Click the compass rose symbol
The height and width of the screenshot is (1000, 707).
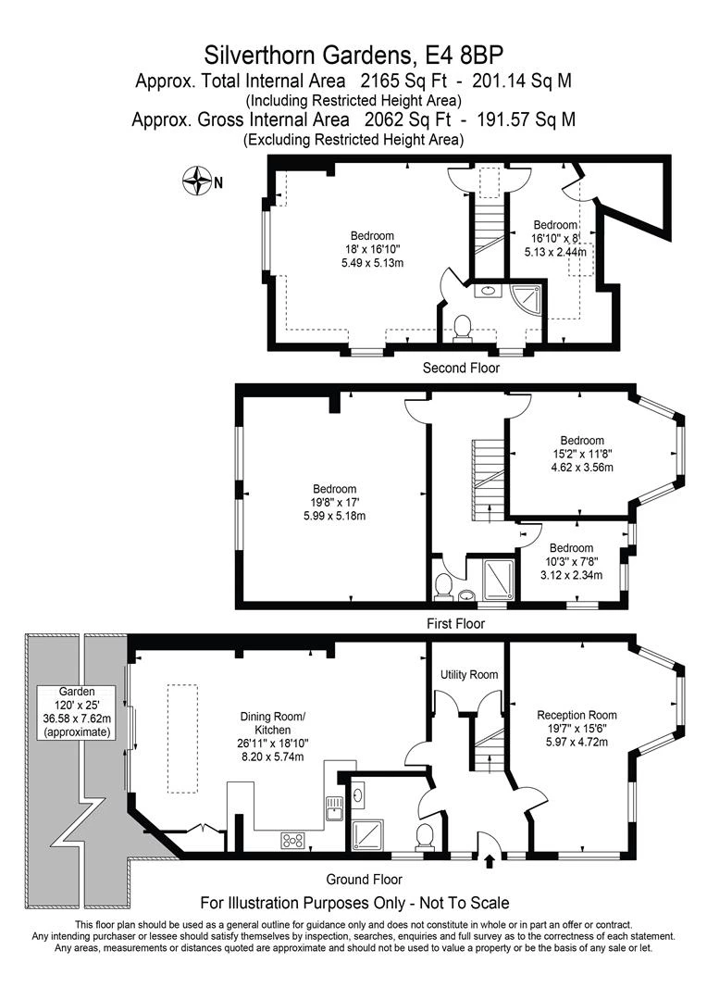click(x=196, y=181)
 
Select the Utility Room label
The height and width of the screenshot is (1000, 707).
click(x=468, y=675)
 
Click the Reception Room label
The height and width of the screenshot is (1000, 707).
click(x=577, y=715)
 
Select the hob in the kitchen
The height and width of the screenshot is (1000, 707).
click(x=294, y=841)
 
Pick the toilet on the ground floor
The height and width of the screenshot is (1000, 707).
click(x=426, y=835)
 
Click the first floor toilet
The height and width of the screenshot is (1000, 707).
click(x=442, y=585)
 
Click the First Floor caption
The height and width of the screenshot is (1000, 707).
click(x=456, y=624)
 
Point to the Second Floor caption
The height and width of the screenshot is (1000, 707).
click(x=461, y=369)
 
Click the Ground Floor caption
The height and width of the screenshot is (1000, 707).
click(x=364, y=880)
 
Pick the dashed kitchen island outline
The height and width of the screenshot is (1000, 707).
click(x=181, y=738)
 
